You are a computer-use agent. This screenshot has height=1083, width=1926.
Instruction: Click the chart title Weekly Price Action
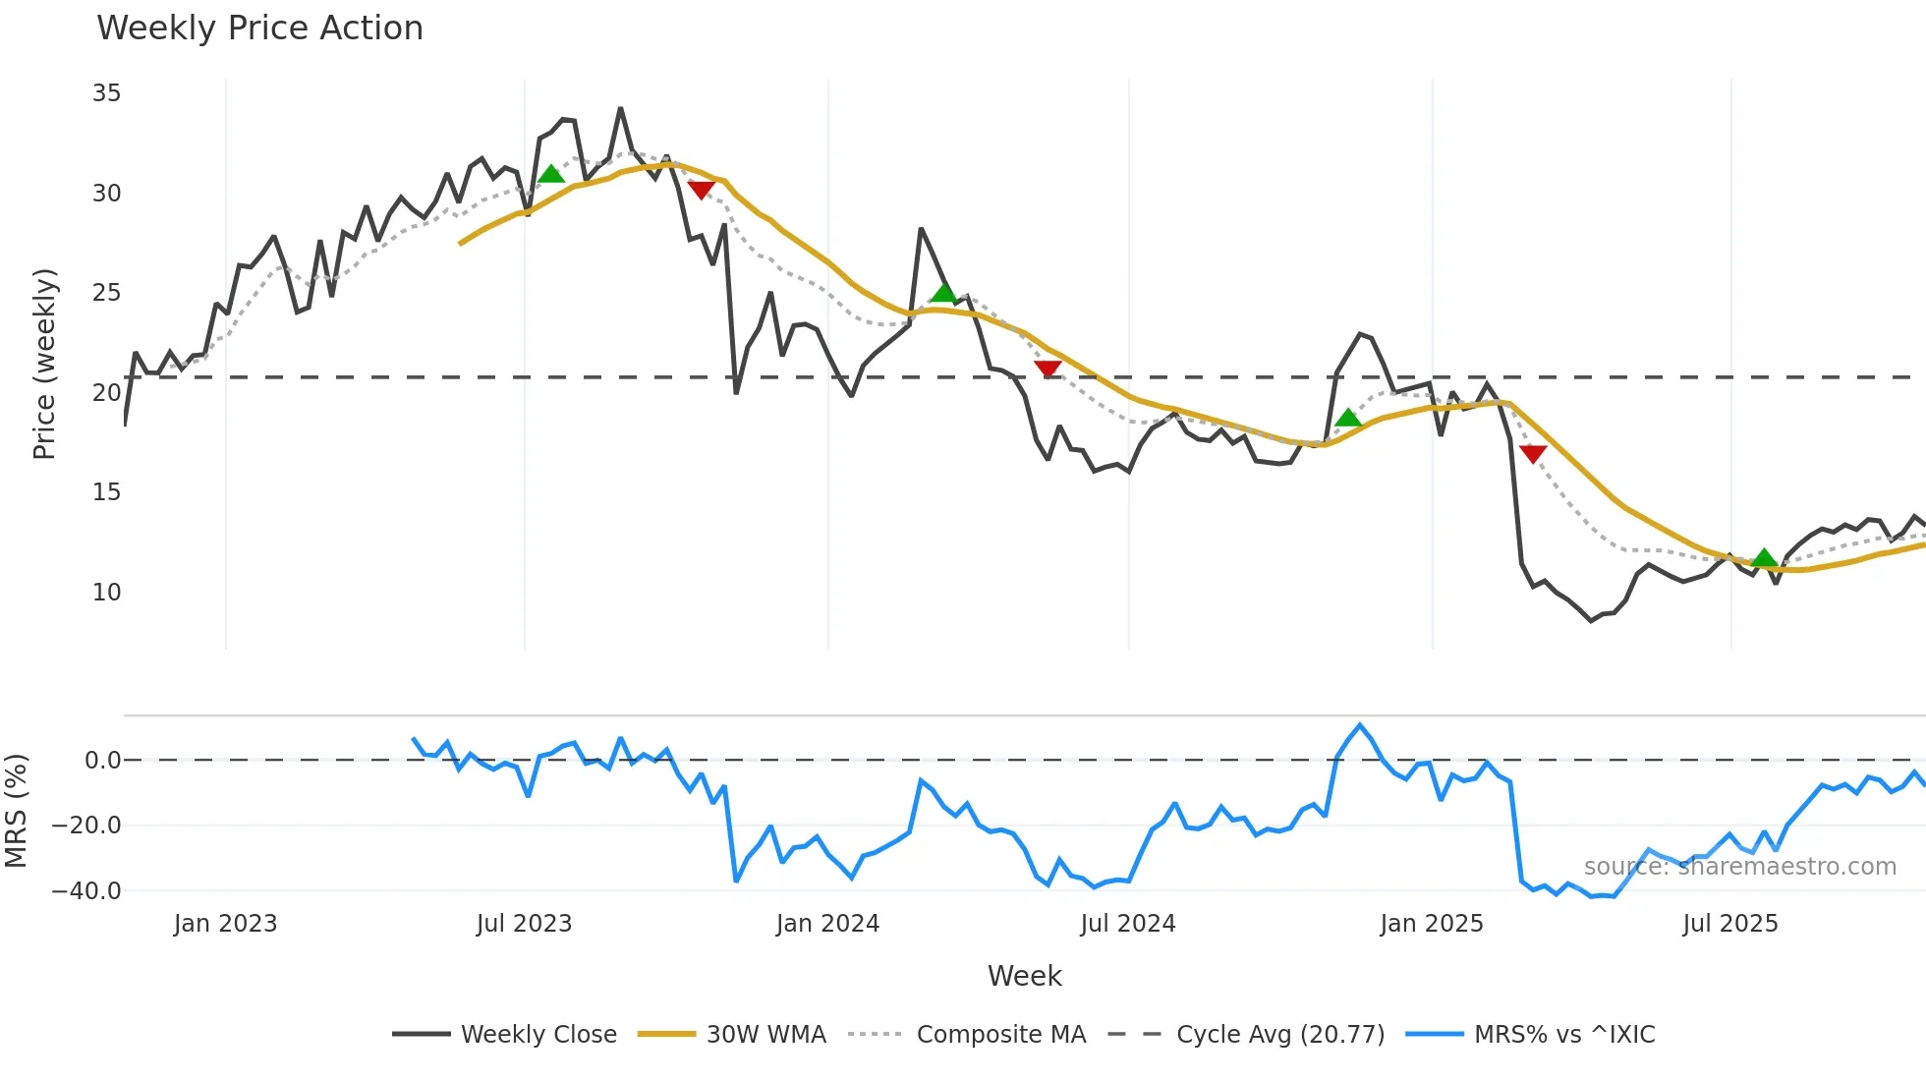(x=259, y=28)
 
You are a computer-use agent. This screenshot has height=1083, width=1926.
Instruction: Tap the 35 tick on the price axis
(x=106, y=93)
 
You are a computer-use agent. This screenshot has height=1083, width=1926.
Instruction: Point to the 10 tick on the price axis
(x=106, y=593)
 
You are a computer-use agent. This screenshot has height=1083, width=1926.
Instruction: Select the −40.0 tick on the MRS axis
(x=86, y=891)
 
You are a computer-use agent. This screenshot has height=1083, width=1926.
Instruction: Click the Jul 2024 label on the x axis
(x=1127, y=924)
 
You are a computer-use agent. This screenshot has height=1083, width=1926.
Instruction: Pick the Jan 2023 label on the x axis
(x=225, y=924)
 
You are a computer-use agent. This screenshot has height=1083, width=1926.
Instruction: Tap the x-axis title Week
(x=1024, y=976)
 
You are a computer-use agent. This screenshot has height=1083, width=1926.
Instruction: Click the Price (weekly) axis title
(x=44, y=364)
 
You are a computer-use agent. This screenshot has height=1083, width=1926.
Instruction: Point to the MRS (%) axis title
(x=16, y=811)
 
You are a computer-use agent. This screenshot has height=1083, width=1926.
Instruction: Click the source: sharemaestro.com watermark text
(x=1739, y=867)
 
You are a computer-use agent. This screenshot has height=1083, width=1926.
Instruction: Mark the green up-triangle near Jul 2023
(x=551, y=174)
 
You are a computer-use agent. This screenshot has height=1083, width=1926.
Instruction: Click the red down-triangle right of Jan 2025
(x=1533, y=453)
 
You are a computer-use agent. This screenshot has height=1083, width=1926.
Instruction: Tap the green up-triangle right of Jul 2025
(x=1764, y=558)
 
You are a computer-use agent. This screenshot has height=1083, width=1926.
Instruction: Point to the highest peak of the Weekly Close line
(x=620, y=108)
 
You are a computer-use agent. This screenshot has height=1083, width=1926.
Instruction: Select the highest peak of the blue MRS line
(x=1360, y=725)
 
